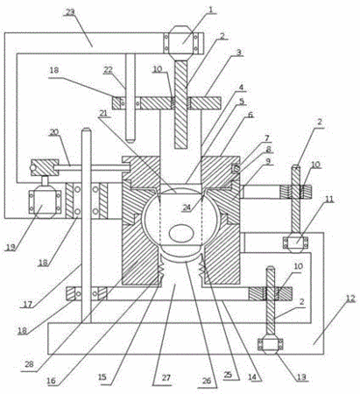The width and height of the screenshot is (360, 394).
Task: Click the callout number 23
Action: point(70,12)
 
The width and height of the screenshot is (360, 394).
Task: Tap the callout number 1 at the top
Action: point(211,10)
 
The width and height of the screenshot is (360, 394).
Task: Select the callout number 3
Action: point(239,53)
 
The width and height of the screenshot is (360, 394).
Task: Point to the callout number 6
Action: point(251,115)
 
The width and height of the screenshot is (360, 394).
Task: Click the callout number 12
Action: point(350,299)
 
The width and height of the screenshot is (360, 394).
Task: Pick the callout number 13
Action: point(301,377)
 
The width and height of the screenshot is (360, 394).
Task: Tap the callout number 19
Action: point(11,248)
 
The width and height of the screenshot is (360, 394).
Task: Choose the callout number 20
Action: point(54,132)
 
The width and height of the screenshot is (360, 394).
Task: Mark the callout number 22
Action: point(108,70)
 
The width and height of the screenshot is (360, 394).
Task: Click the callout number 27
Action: point(166,377)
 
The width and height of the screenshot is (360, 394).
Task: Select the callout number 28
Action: point(29,363)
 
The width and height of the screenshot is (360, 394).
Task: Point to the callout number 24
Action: point(187,208)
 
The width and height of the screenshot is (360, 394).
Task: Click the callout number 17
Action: point(28,305)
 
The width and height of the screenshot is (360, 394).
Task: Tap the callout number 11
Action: point(329,200)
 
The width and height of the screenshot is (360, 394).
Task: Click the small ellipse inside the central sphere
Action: point(181,234)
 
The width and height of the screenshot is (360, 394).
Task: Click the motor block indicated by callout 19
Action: point(45,201)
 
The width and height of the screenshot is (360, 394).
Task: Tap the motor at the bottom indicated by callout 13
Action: point(271,344)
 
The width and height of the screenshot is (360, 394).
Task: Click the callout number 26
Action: point(207,381)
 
